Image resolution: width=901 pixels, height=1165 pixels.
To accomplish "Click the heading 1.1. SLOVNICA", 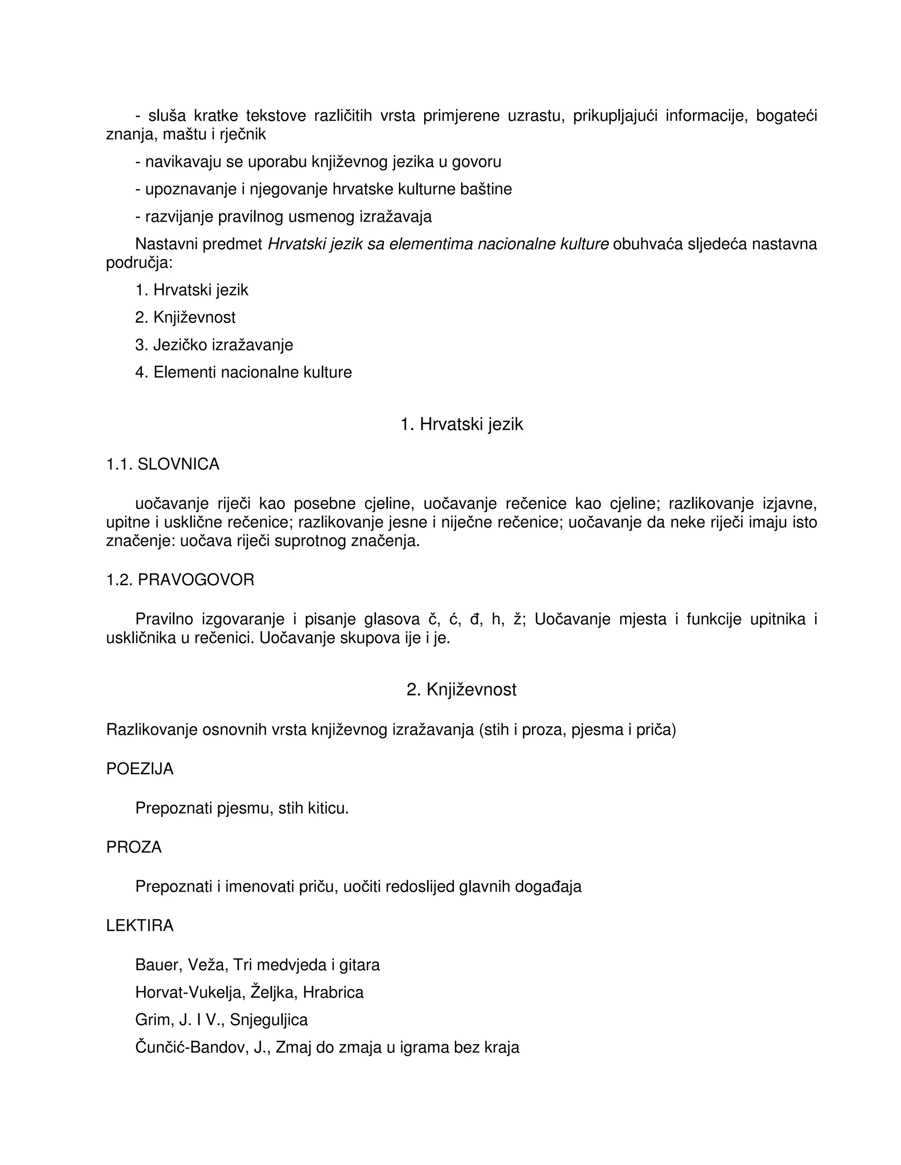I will click(163, 464).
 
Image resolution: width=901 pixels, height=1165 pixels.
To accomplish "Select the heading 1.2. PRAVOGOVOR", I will click(180, 580).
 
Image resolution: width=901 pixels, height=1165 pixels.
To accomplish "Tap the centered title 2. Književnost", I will click(461, 690).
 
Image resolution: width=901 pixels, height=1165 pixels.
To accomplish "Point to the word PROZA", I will click(134, 847).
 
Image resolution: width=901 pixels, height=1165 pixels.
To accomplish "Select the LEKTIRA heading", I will click(140, 925).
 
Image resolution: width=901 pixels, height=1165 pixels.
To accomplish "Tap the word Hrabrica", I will click(333, 992).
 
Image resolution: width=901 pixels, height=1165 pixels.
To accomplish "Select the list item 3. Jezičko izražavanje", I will click(214, 345).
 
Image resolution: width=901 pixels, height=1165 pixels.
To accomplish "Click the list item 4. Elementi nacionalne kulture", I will click(243, 372).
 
